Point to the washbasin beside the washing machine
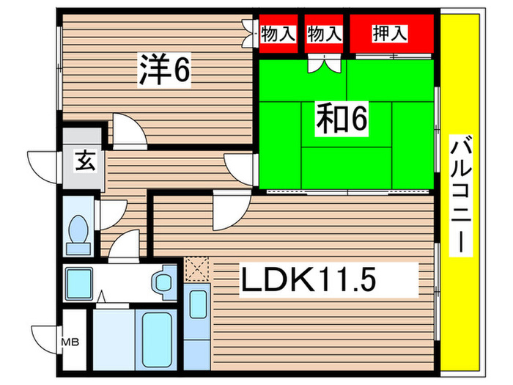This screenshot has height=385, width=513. tap(163, 282)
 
